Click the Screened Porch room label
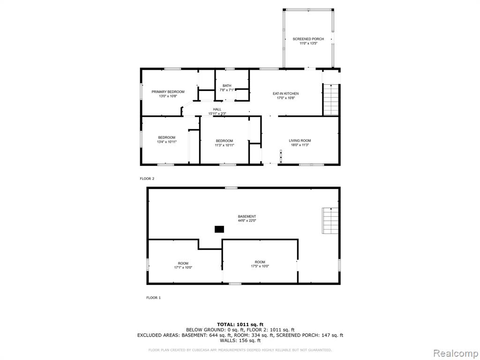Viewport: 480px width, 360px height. (x=308, y=39)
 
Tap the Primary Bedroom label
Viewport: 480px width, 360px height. (x=168, y=91)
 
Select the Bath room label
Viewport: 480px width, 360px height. (x=227, y=85)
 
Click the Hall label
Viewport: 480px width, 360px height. (x=217, y=109)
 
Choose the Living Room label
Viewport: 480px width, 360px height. (x=300, y=141)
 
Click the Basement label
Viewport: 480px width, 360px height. (x=247, y=217)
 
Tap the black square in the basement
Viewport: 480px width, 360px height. (x=219, y=229)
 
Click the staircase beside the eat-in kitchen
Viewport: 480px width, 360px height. (x=331, y=99)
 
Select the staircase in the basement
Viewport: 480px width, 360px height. (x=330, y=220)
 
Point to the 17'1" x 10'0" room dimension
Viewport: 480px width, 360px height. (x=183, y=268)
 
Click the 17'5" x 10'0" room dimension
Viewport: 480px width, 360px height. (x=260, y=266)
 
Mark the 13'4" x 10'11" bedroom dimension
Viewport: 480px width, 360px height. (x=167, y=142)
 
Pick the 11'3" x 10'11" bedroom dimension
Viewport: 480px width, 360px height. (x=225, y=145)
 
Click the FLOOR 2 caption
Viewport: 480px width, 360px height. (x=147, y=179)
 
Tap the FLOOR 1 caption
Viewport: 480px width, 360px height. (x=153, y=298)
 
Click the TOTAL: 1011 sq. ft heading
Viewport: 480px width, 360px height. (x=240, y=324)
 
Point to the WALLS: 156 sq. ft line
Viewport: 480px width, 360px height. (x=240, y=340)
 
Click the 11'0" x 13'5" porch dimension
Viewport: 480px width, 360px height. (x=308, y=44)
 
